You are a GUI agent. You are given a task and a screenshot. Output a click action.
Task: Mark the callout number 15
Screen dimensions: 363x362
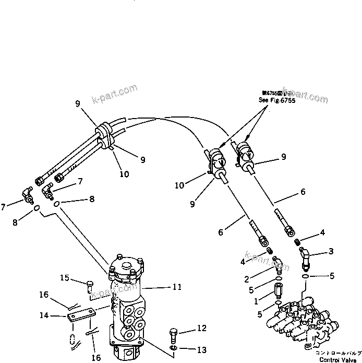[64, 277]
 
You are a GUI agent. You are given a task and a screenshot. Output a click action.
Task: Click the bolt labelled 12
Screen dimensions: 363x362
[174, 334]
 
